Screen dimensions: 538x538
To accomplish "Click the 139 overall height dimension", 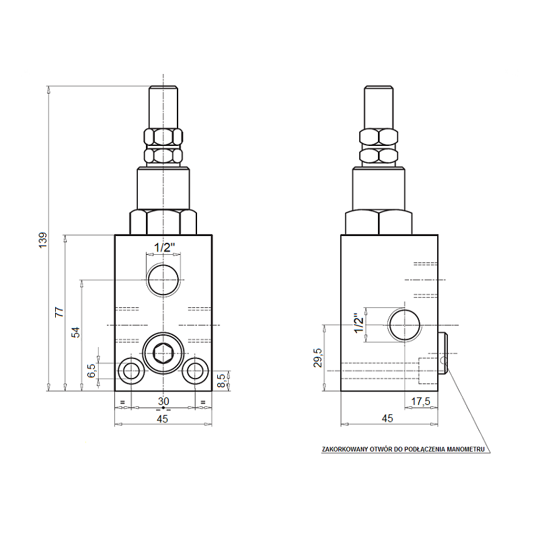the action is (x=43, y=240).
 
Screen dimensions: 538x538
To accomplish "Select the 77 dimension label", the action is (x=60, y=312).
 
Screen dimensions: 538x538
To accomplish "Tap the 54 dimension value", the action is (x=75, y=332).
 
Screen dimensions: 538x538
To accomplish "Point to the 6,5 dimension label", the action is (x=91, y=371).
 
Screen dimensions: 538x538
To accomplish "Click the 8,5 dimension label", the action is (x=222, y=381).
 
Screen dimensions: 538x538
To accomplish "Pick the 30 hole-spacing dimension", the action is (x=163, y=401).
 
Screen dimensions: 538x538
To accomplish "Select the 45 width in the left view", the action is (x=162, y=418).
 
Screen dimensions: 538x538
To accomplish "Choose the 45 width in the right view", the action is (x=387, y=418).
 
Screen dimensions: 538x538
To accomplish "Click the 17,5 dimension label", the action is (x=421, y=401).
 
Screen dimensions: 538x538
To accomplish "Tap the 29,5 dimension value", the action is (x=317, y=358).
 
